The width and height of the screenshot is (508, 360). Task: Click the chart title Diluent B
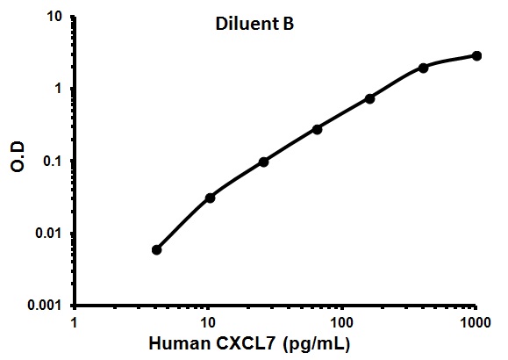[x=254, y=24]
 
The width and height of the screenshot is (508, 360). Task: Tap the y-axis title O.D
[x=18, y=156]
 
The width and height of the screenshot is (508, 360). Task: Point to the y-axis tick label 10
[x=54, y=16]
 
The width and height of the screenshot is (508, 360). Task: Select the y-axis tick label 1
[x=58, y=88]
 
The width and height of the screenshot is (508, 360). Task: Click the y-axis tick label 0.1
[x=52, y=161]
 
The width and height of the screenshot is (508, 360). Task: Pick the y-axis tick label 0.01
[x=48, y=233]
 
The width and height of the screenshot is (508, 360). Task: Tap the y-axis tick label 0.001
[x=45, y=306]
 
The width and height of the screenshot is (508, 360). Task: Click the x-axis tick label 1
[x=75, y=322]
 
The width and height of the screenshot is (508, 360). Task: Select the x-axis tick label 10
[x=208, y=322]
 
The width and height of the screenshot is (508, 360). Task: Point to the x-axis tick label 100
[x=341, y=322]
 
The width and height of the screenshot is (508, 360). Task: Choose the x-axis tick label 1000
[x=476, y=322]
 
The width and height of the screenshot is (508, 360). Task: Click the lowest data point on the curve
[x=156, y=249]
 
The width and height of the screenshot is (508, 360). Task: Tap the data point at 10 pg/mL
[x=211, y=198]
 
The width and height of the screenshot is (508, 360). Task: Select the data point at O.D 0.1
[x=264, y=162]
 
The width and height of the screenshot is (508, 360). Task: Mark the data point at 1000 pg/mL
[x=476, y=56]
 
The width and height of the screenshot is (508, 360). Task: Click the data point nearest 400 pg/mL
[x=423, y=68]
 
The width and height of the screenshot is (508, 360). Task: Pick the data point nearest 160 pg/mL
[x=370, y=99]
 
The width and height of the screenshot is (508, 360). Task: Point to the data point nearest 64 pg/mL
[x=318, y=129]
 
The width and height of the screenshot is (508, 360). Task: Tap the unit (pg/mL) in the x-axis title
[x=317, y=344]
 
